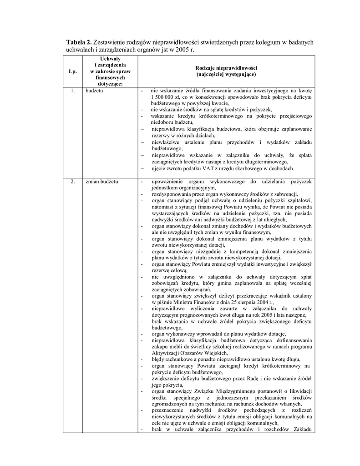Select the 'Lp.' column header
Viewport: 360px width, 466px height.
click(x=72, y=71)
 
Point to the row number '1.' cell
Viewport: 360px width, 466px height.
click(x=72, y=91)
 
